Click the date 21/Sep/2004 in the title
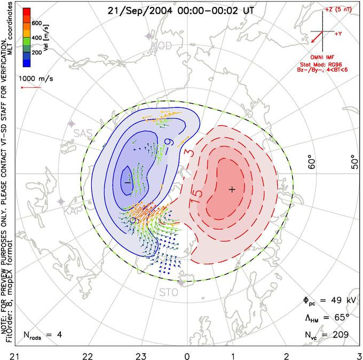136,10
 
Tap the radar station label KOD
162,46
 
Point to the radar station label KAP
74,212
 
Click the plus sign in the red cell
232,189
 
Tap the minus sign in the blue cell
127,182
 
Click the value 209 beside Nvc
339,334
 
